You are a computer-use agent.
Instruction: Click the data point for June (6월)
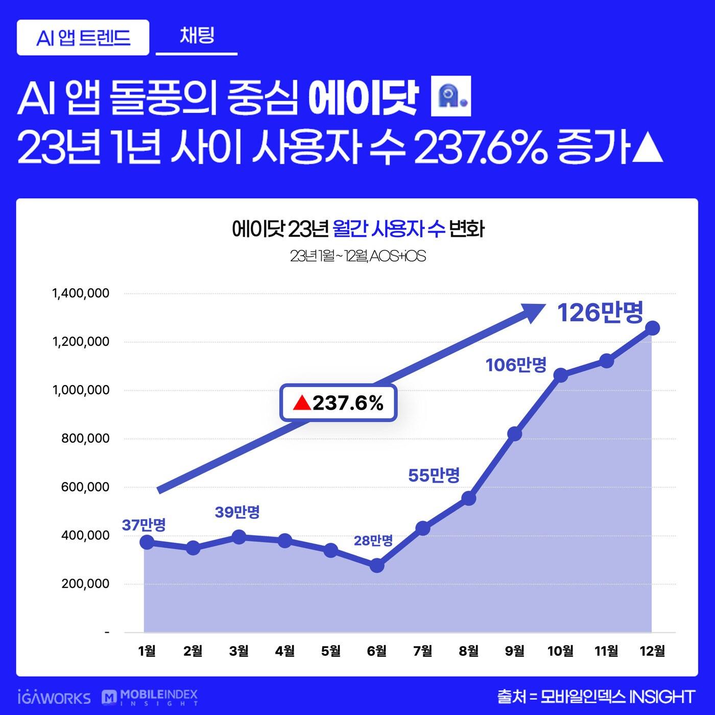[377, 565]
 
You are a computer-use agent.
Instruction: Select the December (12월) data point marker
[652, 328]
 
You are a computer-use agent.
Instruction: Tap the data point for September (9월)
[515, 434]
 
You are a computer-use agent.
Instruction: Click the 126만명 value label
[600, 312]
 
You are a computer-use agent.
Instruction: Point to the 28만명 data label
[373, 540]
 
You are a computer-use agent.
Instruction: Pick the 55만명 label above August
[434, 475]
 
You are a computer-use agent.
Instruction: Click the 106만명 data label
[516, 365]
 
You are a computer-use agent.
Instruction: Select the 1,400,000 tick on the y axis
[81, 293]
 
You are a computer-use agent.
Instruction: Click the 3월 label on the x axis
[239, 651]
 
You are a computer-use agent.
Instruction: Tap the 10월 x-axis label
[560, 651]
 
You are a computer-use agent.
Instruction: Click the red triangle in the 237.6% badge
[302, 403]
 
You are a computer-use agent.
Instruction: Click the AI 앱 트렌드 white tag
[83, 37]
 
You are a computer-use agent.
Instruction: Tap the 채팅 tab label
[197, 36]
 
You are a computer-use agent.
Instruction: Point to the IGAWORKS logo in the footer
[54, 698]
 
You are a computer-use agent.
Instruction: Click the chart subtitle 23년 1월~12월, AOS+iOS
[357, 256]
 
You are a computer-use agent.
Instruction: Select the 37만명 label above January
[144, 525]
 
